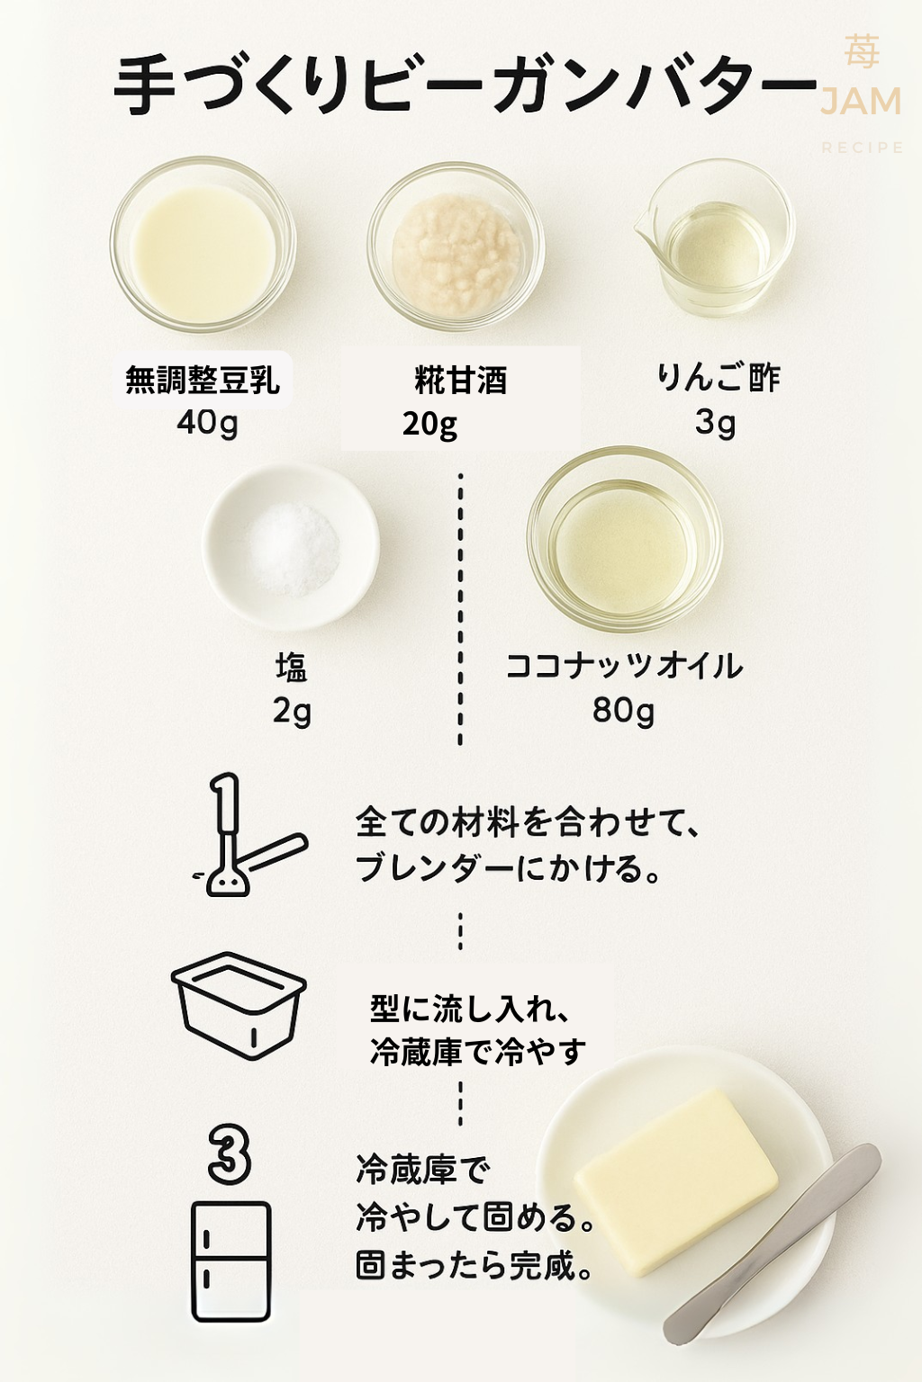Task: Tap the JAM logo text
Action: click(x=860, y=102)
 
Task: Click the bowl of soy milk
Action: click(x=203, y=245)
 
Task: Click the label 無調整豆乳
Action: click(x=203, y=380)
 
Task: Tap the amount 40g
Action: click(x=207, y=424)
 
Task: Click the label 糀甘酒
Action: click(x=461, y=380)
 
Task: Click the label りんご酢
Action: click(x=719, y=378)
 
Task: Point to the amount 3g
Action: click(x=715, y=424)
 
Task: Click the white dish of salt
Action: click(x=291, y=548)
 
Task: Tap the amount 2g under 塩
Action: click(x=292, y=713)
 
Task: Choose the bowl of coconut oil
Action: click(x=624, y=539)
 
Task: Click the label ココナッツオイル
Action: click(x=624, y=667)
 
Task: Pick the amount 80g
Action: click(x=623, y=712)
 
